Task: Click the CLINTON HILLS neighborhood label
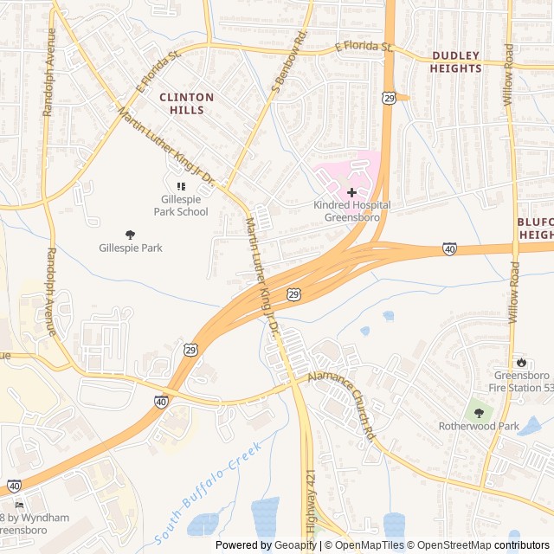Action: [x=182, y=104]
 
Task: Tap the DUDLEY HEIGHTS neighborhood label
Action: [x=456, y=61]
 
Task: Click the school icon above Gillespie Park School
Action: [x=181, y=186]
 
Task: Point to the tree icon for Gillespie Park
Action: [x=130, y=234]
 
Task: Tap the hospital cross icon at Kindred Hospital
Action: [x=351, y=191]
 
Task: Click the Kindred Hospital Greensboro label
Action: [x=351, y=211]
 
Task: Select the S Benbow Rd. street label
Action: [x=289, y=62]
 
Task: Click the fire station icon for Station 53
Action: [x=522, y=362]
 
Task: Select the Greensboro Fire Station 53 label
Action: [x=522, y=381]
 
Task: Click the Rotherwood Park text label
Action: [x=478, y=426]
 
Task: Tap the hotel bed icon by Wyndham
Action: [x=19, y=505]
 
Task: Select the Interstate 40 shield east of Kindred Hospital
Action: [x=449, y=248]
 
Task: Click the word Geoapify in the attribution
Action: [x=298, y=545]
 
